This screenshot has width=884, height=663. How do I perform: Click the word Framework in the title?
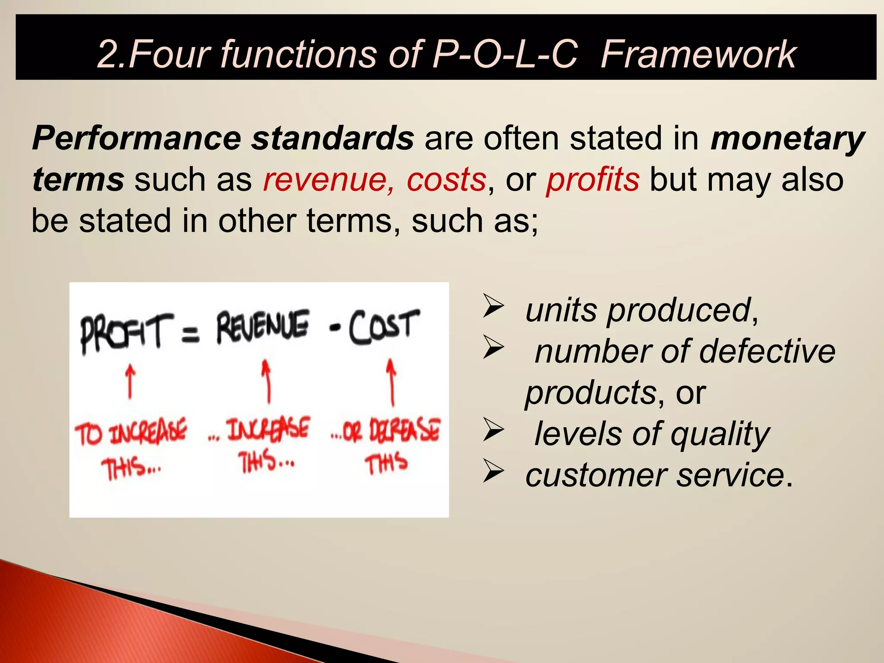coord(698,54)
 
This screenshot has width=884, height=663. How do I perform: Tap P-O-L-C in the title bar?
coord(505,54)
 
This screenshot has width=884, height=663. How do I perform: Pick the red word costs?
coord(446,180)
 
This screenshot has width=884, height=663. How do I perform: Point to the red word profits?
coord(593,180)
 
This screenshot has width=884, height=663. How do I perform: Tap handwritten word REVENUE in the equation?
coord(262,328)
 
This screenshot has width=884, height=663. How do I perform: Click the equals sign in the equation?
coord(190,335)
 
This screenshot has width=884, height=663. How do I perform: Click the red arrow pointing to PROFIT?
coord(130,382)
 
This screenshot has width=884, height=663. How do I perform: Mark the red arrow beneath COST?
coord(391,382)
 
